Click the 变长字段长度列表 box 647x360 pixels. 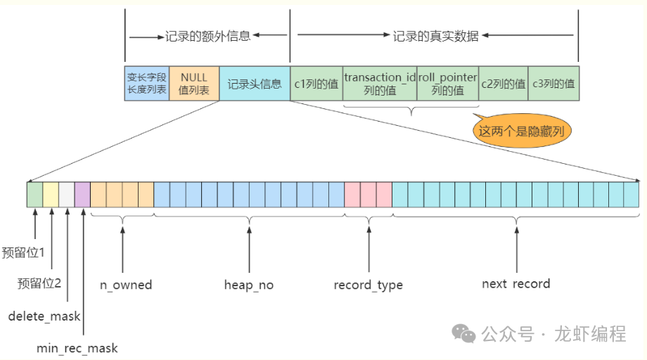coord(147,84)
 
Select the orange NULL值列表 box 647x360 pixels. coord(194,84)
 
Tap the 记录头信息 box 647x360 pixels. coord(254,84)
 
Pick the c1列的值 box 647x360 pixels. coord(316,84)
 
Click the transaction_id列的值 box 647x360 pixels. coord(380,84)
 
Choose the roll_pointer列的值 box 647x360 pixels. coord(448,84)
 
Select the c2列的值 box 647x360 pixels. coord(503,84)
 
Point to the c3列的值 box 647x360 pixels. coord(553,84)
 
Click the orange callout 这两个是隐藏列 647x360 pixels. coord(522,131)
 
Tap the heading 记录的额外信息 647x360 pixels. coord(207,35)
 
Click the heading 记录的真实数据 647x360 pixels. coord(435,35)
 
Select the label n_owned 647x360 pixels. coord(126,285)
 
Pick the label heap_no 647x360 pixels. coord(249,285)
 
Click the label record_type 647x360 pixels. coord(369,285)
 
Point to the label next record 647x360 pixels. coord(515,284)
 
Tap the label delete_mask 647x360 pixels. coord(44,316)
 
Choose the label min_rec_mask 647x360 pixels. coord(77,348)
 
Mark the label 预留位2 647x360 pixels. coord(39,283)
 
